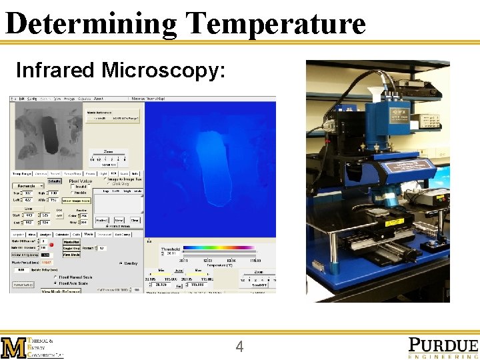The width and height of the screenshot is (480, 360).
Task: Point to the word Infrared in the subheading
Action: pos(55,70)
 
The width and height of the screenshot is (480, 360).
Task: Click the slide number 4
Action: pos(240,347)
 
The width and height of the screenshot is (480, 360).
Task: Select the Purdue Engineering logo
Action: pos(443,347)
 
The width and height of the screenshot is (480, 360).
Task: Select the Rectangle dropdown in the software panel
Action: pos(29,185)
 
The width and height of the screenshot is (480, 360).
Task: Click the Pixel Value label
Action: pos(81,181)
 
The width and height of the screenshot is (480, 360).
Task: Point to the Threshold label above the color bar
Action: pos(171,248)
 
